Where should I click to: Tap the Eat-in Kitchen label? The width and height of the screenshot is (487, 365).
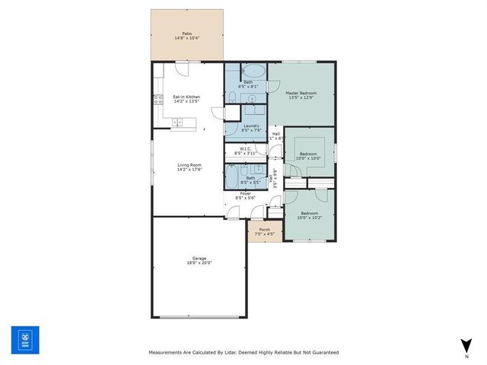(x=186, y=97)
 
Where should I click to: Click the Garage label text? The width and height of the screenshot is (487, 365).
(x=200, y=259)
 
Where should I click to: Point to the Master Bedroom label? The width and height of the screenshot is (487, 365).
(x=301, y=93)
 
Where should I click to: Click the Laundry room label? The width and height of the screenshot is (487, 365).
(x=251, y=126)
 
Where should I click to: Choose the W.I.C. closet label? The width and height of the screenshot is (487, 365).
(x=246, y=148)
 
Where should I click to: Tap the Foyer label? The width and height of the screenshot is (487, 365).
(x=246, y=193)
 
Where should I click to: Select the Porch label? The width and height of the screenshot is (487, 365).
(x=264, y=229)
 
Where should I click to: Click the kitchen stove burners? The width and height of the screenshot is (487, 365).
(x=158, y=98)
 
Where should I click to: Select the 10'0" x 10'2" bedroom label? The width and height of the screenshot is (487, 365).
(x=308, y=214)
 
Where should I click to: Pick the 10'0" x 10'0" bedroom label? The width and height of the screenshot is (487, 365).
(x=308, y=154)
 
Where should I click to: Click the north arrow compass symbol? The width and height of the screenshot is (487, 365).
(x=466, y=347)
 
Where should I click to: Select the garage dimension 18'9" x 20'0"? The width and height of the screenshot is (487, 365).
(x=200, y=262)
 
